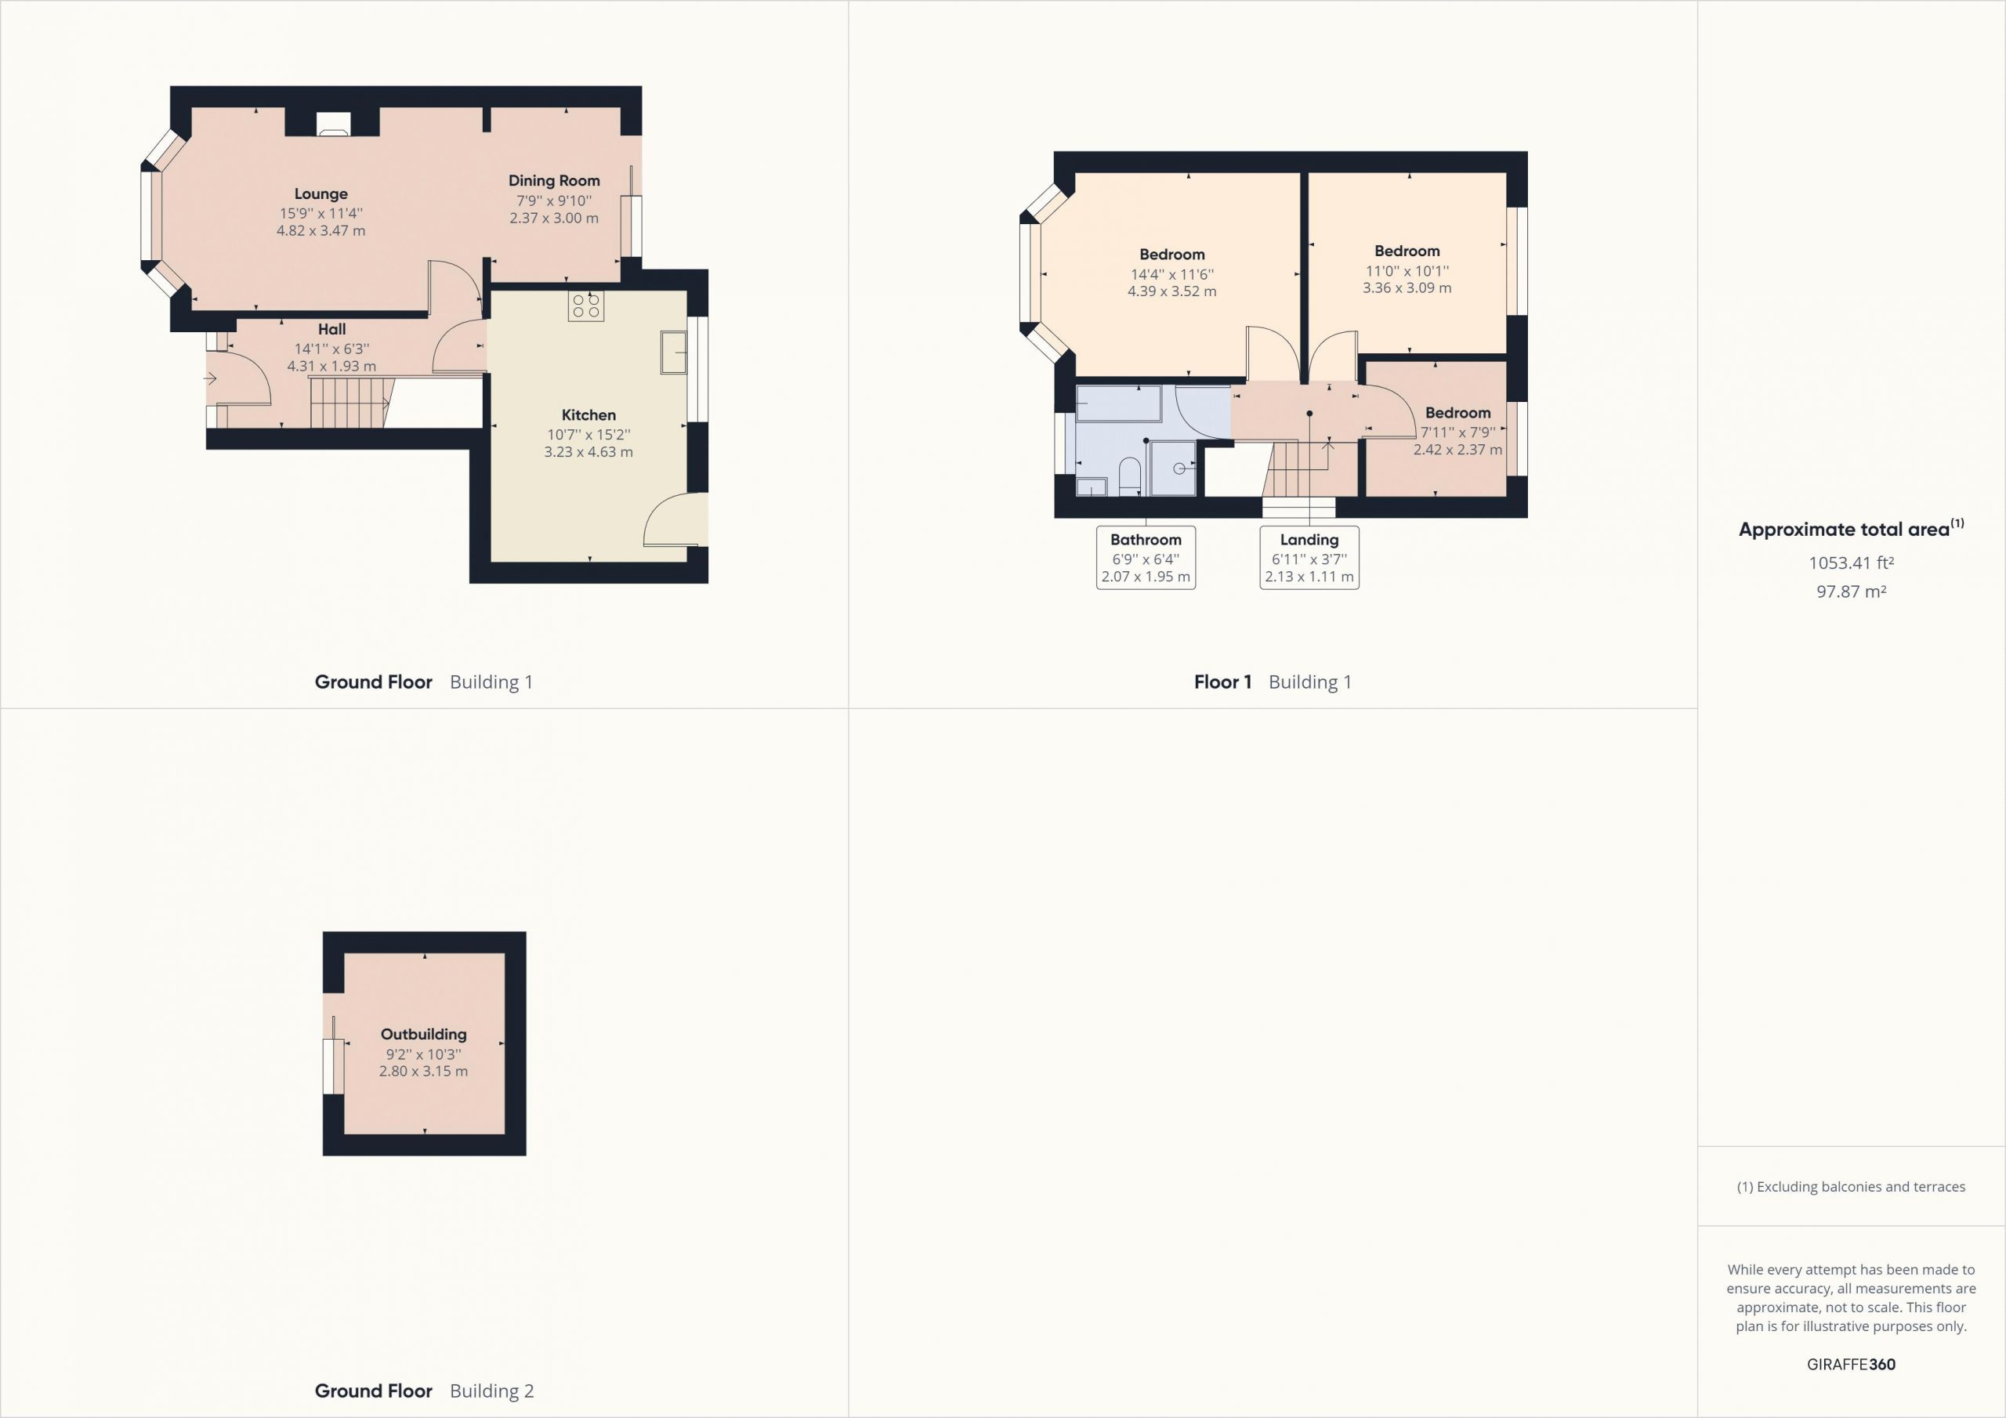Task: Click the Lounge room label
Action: pos(320,194)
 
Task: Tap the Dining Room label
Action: pos(554,181)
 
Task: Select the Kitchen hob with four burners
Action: pos(585,306)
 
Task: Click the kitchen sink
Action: pos(674,352)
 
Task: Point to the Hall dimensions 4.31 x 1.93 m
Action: pos(332,366)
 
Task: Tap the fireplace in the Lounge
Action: pos(333,125)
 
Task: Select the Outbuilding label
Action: pos(424,1034)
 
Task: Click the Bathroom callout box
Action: pos(1146,558)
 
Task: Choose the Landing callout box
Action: pos(1309,558)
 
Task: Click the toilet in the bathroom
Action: pos(1130,476)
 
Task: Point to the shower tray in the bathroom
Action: pos(1173,468)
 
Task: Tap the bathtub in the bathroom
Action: pos(1119,404)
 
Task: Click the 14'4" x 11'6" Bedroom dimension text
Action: pos(1171,273)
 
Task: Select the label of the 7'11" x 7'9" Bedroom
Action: pos(1458,412)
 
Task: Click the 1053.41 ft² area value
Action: pos(1851,562)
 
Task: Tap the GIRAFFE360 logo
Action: pos(1851,1364)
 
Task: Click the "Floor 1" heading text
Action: pos(1222,682)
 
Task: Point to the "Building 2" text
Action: pos(491,1391)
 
